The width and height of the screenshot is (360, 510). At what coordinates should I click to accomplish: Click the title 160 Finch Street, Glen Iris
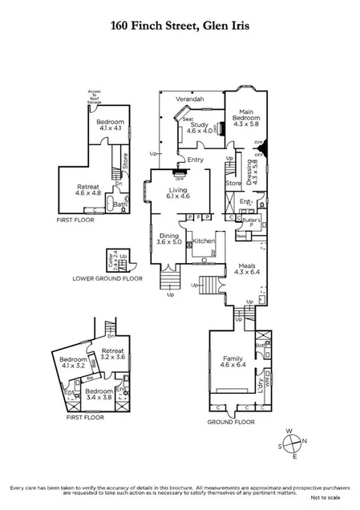[x=180, y=26]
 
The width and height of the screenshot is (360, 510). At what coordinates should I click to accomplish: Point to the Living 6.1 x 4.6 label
[x=178, y=193]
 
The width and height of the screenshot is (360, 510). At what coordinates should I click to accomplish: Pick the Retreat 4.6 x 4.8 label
[x=89, y=189]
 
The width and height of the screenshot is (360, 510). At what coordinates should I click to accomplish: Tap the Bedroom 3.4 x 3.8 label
[x=99, y=395]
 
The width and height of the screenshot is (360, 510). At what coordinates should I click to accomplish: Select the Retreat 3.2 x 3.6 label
[x=112, y=354]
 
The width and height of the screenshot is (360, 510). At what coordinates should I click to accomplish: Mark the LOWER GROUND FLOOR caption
[x=107, y=278]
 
